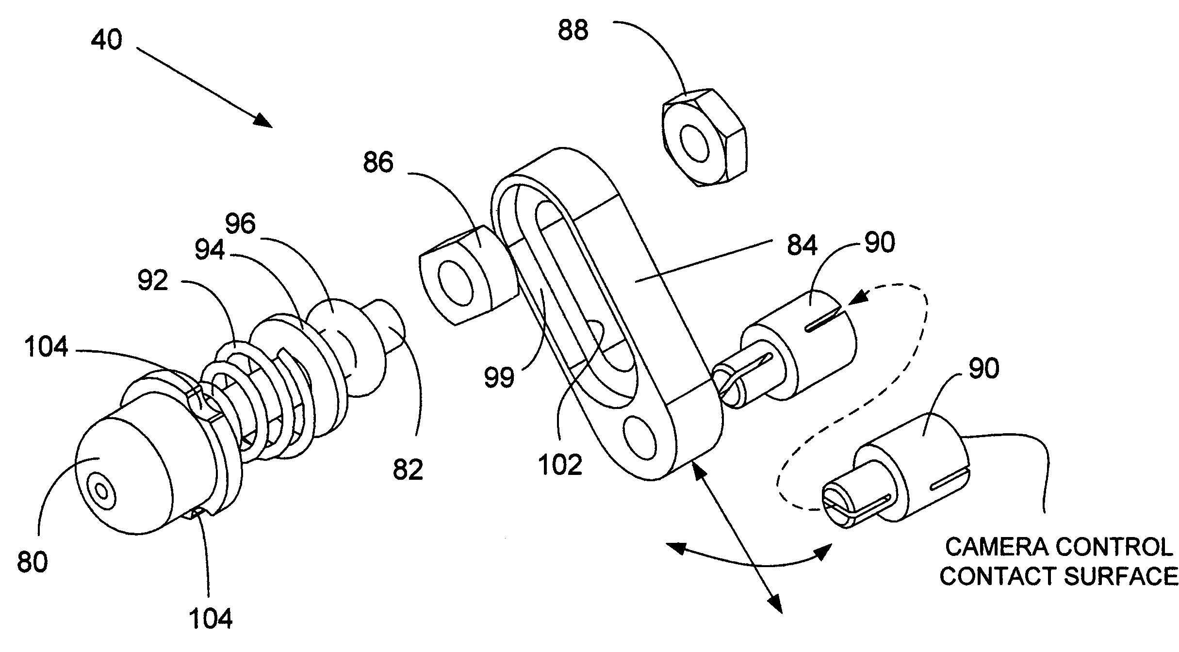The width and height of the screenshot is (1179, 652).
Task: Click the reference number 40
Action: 107,39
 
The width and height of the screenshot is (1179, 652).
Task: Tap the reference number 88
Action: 573,30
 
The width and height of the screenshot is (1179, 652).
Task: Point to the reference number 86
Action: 378,162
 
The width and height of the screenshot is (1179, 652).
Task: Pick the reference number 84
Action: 802,245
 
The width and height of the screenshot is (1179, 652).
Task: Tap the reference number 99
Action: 499,377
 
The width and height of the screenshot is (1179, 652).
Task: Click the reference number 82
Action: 408,469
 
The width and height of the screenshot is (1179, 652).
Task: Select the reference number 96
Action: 241,224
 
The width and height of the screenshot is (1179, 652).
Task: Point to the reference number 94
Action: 210,250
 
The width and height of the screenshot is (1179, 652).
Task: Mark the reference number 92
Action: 153,280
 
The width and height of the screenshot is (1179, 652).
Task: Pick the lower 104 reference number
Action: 210,619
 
